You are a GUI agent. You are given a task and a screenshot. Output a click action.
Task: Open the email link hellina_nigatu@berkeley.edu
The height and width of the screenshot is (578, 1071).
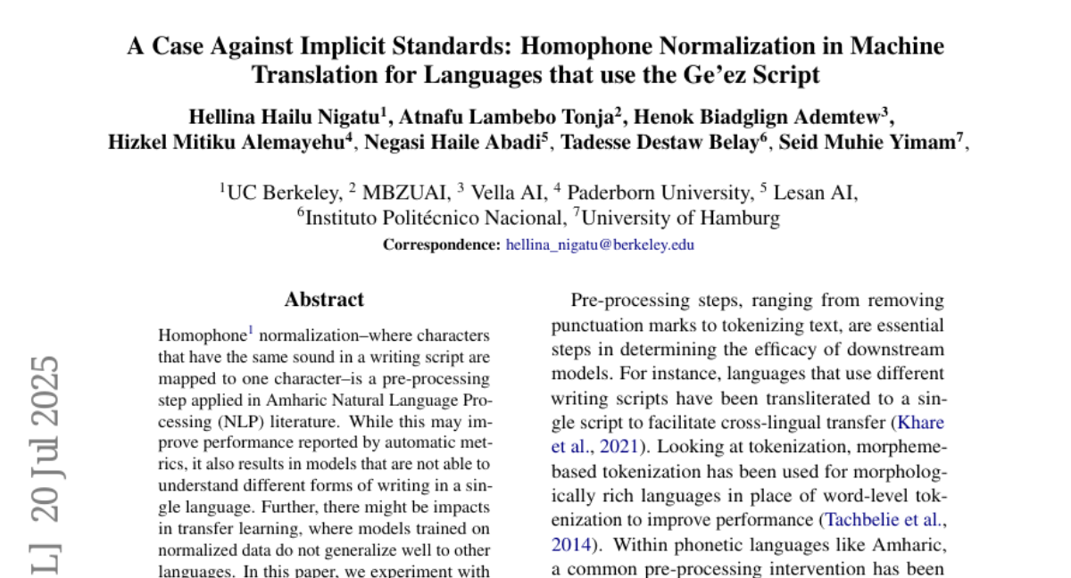[x=600, y=244]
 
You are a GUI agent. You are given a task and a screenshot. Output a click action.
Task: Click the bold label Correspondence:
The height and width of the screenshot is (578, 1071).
[x=442, y=244]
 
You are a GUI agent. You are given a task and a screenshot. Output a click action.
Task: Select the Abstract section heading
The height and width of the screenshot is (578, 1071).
[x=324, y=300]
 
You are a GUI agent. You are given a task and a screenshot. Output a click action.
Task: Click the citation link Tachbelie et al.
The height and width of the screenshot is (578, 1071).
[x=884, y=519]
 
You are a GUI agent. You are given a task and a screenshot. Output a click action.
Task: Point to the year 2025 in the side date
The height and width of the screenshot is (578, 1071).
[x=45, y=395]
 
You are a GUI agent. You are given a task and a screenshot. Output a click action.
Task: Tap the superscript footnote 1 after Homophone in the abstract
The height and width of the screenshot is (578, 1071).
[x=251, y=331]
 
